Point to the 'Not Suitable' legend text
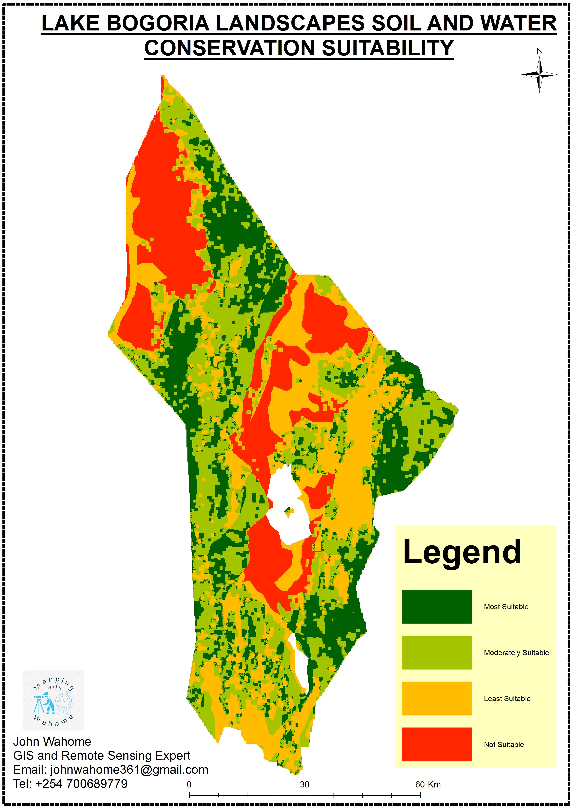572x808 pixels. pyautogui.click(x=504, y=744)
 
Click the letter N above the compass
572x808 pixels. pyautogui.click(x=539, y=51)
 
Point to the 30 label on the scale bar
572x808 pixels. pyautogui.click(x=305, y=784)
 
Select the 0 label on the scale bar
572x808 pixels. pyautogui.click(x=189, y=784)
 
